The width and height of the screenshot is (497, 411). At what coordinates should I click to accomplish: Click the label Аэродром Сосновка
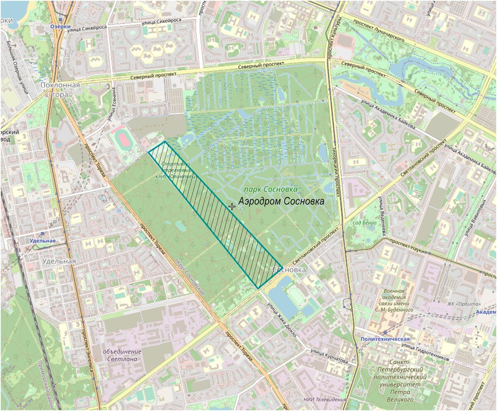(x=281, y=201)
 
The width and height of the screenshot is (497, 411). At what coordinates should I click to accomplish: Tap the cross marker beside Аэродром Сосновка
(x=232, y=206)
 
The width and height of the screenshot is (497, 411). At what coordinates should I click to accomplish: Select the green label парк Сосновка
(x=271, y=189)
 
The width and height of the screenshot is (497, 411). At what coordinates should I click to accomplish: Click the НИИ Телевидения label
(x=324, y=399)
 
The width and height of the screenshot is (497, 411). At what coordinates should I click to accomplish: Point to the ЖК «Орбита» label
(x=463, y=305)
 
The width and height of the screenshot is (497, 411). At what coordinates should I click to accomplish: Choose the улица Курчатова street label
(x=329, y=356)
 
